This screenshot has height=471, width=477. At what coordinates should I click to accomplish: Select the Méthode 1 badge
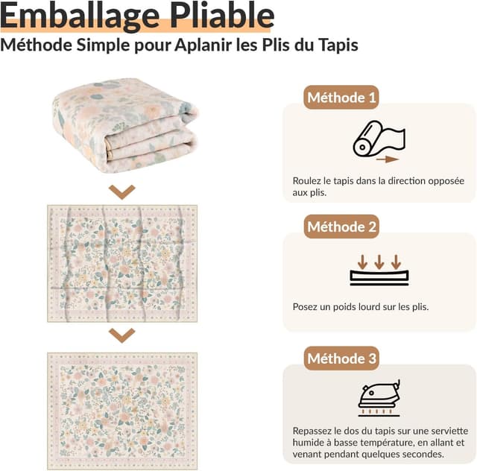point(341,98)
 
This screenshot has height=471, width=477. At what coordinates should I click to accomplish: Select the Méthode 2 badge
point(342,227)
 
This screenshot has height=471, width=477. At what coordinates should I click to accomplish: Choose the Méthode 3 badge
point(342,358)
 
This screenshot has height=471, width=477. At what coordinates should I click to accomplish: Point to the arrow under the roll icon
point(387,159)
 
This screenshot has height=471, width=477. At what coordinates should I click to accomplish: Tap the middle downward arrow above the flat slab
point(379,262)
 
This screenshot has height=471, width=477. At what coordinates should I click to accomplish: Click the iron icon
point(379,396)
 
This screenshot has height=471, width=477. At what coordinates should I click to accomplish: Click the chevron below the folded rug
point(121,192)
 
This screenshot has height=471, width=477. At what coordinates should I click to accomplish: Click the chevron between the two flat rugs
point(121,335)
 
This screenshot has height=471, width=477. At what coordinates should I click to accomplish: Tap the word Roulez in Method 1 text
point(307,180)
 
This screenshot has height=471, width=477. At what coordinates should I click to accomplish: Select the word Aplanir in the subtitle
point(201,45)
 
